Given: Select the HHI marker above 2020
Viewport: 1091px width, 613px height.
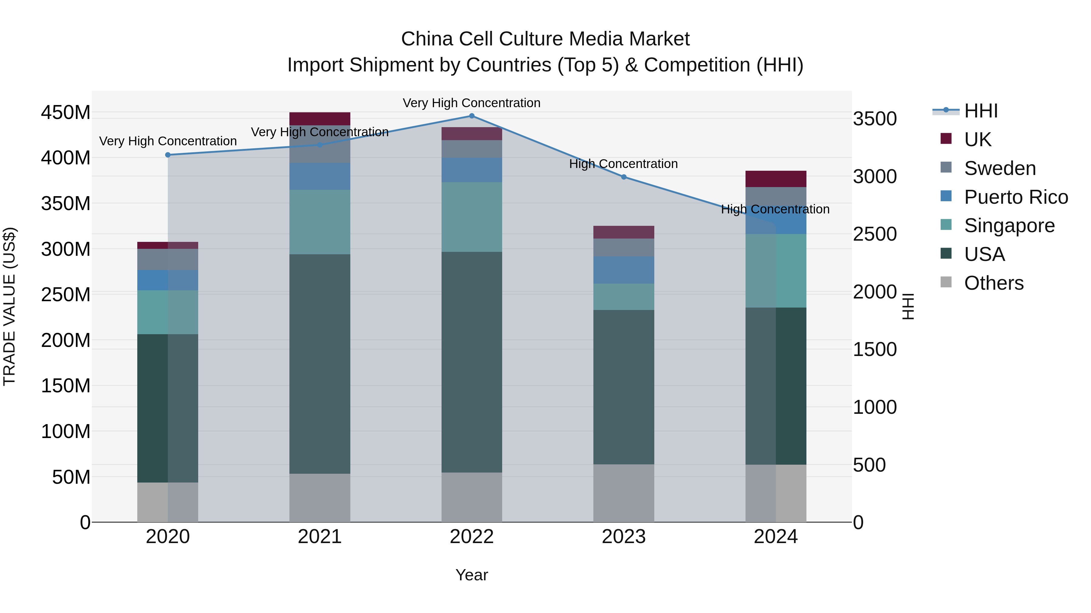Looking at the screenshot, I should coord(168,155).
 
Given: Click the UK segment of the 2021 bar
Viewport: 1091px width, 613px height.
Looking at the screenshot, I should coord(320,119).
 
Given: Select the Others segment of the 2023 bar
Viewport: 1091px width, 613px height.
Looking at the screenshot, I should coord(623,493).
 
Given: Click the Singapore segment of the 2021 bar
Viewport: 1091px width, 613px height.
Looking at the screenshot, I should coord(320,222).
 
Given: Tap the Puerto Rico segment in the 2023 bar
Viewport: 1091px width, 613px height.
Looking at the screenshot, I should coord(623,270).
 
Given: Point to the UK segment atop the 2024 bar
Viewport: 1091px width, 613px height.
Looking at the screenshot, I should coord(776,179).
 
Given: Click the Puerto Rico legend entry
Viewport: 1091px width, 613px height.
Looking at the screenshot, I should coord(1016,197).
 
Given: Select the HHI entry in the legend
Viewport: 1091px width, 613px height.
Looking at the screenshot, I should coord(981,111).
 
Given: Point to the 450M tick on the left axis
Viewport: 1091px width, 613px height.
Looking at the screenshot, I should coord(66,113).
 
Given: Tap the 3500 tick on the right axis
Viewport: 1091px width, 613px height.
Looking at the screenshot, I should coord(875,119).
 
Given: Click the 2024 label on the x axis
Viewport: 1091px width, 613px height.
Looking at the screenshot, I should coord(776,537).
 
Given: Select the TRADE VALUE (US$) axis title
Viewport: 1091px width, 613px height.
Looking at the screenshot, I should coord(9,306).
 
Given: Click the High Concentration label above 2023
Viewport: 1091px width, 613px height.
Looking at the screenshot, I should coord(623,164).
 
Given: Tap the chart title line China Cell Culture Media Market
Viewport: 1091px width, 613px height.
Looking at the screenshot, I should coord(545,39).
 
